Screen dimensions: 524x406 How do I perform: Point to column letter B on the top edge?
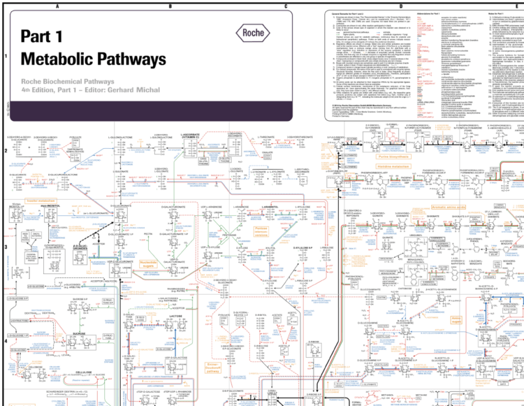pos(170,6)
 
